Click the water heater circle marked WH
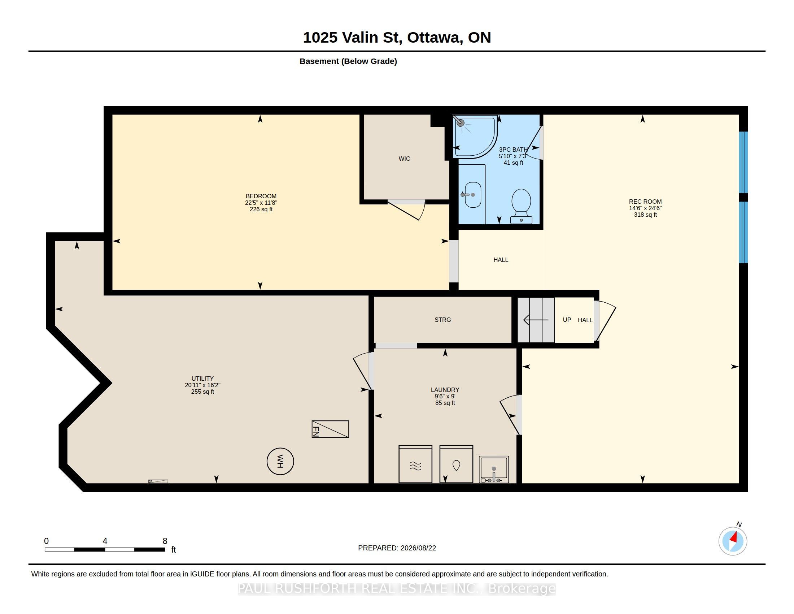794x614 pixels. coord(280,461)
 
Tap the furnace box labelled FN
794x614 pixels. coord(330,429)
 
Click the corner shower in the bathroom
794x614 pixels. coord(475,137)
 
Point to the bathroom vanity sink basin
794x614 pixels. coord(473,195)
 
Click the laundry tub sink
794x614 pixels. coord(494,470)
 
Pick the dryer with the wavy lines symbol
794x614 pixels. coord(415,464)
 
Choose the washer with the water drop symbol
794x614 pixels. coord(456,464)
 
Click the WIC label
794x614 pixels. coord(404,159)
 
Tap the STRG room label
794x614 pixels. coord(442,320)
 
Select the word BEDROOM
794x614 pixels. coord(261,196)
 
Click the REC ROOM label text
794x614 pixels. coord(645,202)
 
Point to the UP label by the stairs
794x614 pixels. coord(567,320)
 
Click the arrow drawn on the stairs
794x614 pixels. coord(536,320)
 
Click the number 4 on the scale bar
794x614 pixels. coord(105,541)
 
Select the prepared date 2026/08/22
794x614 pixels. coord(418,548)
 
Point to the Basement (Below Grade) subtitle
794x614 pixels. coord(348,61)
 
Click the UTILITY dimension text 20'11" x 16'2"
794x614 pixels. coord(202,385)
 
